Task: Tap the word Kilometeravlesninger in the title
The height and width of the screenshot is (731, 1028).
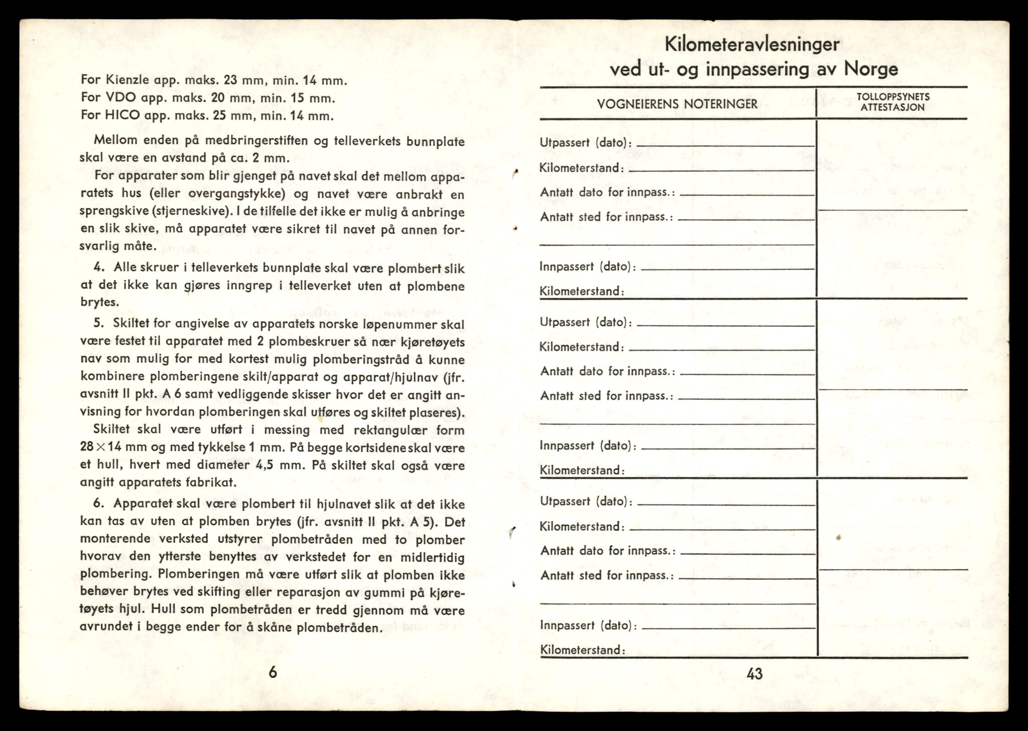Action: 752,45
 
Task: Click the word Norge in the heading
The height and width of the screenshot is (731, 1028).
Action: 871,68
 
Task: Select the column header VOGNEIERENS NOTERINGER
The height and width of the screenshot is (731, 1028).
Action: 677,104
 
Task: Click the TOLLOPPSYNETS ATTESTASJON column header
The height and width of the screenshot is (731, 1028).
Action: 892,102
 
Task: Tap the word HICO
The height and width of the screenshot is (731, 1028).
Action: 122,116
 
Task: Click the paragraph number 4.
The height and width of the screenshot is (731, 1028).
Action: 98,267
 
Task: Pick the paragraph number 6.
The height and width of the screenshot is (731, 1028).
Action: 98,503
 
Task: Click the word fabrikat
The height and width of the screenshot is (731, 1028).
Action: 207,483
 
